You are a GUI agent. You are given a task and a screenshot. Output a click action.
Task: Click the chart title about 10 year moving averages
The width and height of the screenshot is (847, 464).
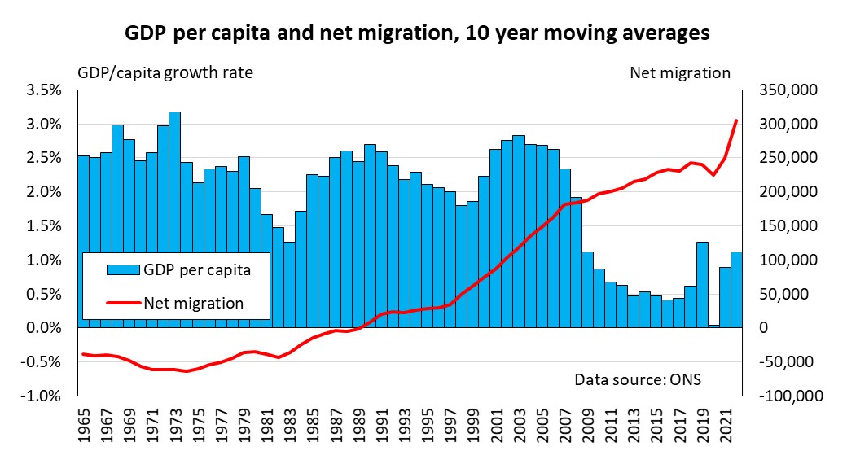416,33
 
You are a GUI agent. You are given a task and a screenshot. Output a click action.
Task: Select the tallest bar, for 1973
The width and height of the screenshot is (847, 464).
174,220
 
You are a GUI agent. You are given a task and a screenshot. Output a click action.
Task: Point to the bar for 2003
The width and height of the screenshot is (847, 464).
519,232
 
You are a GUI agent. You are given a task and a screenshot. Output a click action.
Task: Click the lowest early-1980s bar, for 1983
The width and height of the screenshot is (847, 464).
289,285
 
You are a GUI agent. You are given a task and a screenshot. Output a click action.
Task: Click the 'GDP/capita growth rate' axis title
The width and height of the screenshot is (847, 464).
165,72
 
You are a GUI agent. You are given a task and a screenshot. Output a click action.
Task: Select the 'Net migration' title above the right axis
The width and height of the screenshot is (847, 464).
680,72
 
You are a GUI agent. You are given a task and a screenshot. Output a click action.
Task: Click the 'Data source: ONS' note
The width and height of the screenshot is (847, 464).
638,379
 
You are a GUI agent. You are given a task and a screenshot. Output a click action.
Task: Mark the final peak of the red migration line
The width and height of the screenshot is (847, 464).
736,120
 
